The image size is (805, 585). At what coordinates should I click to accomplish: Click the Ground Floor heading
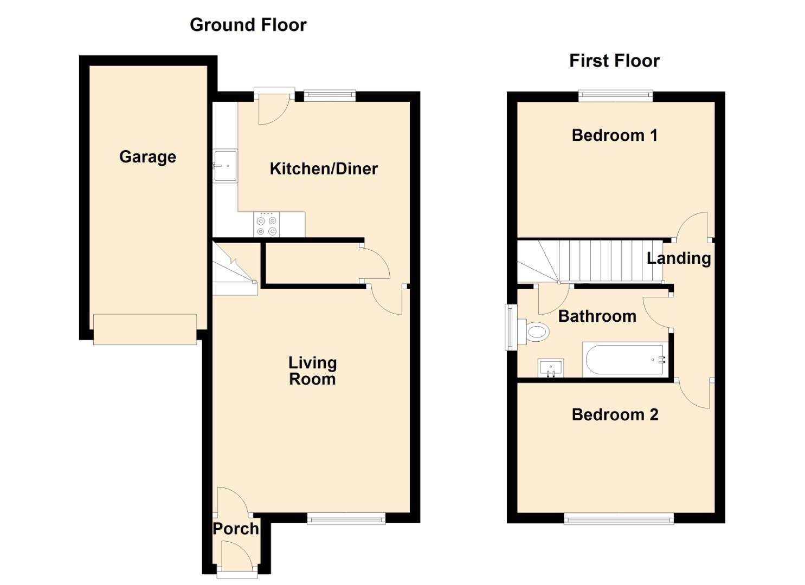click(x=248, y=25)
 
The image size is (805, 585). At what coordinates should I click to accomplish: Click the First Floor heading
click(x=614, y=61)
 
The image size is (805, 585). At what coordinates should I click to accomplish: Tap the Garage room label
click(x=147, y=157)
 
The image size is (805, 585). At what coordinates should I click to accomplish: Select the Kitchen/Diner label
click(x=324, y=168)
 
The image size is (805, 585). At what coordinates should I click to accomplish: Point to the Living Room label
click(x=312, y=371)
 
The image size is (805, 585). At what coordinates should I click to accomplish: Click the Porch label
click(x=235, y=529)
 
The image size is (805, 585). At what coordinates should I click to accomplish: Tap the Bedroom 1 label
click(x=615, y=135)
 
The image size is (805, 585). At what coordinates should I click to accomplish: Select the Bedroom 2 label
click(x=615, y=415)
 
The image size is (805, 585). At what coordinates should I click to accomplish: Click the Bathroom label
click(x=597, y=316)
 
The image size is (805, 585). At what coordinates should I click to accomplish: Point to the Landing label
click(x=679, y=258)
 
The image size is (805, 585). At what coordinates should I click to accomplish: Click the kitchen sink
click(x=225, y=165)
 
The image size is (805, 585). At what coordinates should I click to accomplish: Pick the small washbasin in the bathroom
click(x=551, y=368)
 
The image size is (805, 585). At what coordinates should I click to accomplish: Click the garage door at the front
click(x=145, y=329)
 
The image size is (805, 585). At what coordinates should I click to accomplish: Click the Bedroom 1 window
click(x=615, y=96)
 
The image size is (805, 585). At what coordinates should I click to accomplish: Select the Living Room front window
click(x=346, y=519)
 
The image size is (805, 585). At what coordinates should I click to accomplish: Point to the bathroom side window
click(x=510, y=327)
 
